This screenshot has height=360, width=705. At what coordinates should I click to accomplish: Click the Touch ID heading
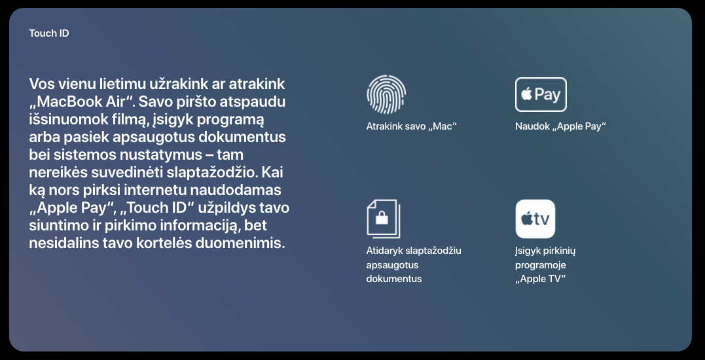[49, 33]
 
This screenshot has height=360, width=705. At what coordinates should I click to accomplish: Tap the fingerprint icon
[386, 94]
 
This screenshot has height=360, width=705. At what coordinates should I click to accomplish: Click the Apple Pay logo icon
[541, 94]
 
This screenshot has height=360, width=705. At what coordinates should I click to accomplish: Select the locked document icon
[383, 219]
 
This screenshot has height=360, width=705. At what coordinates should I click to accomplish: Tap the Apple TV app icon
[535, 219]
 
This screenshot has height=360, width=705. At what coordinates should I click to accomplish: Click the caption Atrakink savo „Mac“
[411, 126]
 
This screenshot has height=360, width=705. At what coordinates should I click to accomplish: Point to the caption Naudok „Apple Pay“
[561, 126]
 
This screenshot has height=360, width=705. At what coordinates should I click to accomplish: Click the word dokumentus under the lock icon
[394, 279]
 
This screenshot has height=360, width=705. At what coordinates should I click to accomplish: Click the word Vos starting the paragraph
[43, 84]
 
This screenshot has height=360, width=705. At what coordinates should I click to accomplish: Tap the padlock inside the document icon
[382, 218]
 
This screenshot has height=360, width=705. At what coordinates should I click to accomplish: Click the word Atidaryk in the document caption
[384, 251]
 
